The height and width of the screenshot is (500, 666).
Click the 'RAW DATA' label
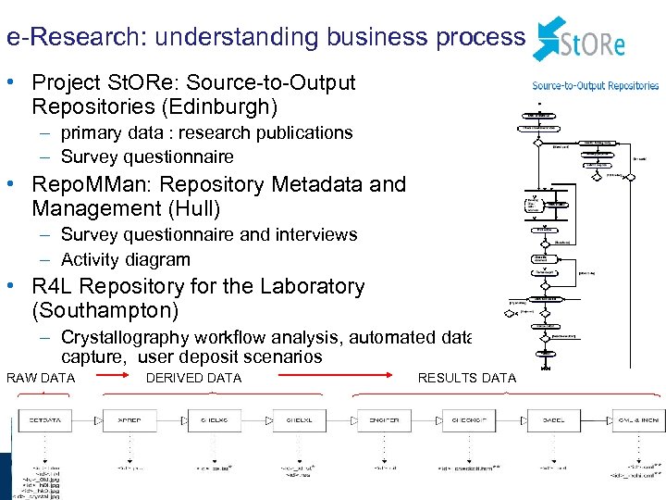click(41, 378)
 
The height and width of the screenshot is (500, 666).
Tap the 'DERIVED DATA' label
click(193, 378)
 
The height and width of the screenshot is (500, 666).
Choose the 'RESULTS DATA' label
click(466, 378)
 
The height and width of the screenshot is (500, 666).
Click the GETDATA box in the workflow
click(44, 420)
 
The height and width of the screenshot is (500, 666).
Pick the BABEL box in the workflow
click(554, 420)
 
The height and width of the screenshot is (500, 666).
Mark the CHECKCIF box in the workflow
click(469, 420)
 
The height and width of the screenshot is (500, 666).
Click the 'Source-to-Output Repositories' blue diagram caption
click(596, 85)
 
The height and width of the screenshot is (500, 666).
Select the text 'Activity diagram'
click(125, 260)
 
